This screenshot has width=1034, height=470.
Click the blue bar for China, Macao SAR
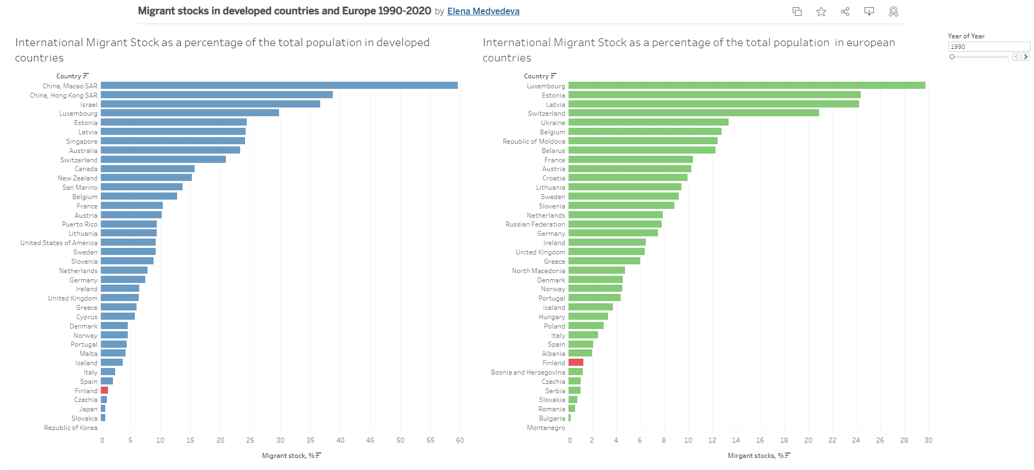(279, 86)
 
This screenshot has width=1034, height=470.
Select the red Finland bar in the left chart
(104, 390)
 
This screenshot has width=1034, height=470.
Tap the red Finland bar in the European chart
(576, 363)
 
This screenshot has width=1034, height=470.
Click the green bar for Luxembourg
(747, 86)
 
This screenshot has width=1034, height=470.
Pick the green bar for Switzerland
(694, 113)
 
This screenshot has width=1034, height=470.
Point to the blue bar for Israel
(211, 104)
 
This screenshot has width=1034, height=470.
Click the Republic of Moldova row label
(533, 141)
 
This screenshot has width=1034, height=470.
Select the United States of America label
(59, 243)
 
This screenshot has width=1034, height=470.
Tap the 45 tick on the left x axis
(370, 440)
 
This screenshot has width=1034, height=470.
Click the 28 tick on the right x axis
(904, 440)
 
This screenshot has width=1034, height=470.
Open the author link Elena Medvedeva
(483, 12)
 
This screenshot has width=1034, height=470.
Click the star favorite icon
(821, 12)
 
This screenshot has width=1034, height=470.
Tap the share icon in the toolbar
(845, 12)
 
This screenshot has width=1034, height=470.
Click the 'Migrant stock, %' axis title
(288, 456)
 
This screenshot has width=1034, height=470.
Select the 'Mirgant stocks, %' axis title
(755, 456)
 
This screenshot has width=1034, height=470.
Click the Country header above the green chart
(536, 76)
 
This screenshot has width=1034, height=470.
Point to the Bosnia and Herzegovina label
(527, 372)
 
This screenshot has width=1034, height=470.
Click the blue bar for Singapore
(173, 141)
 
